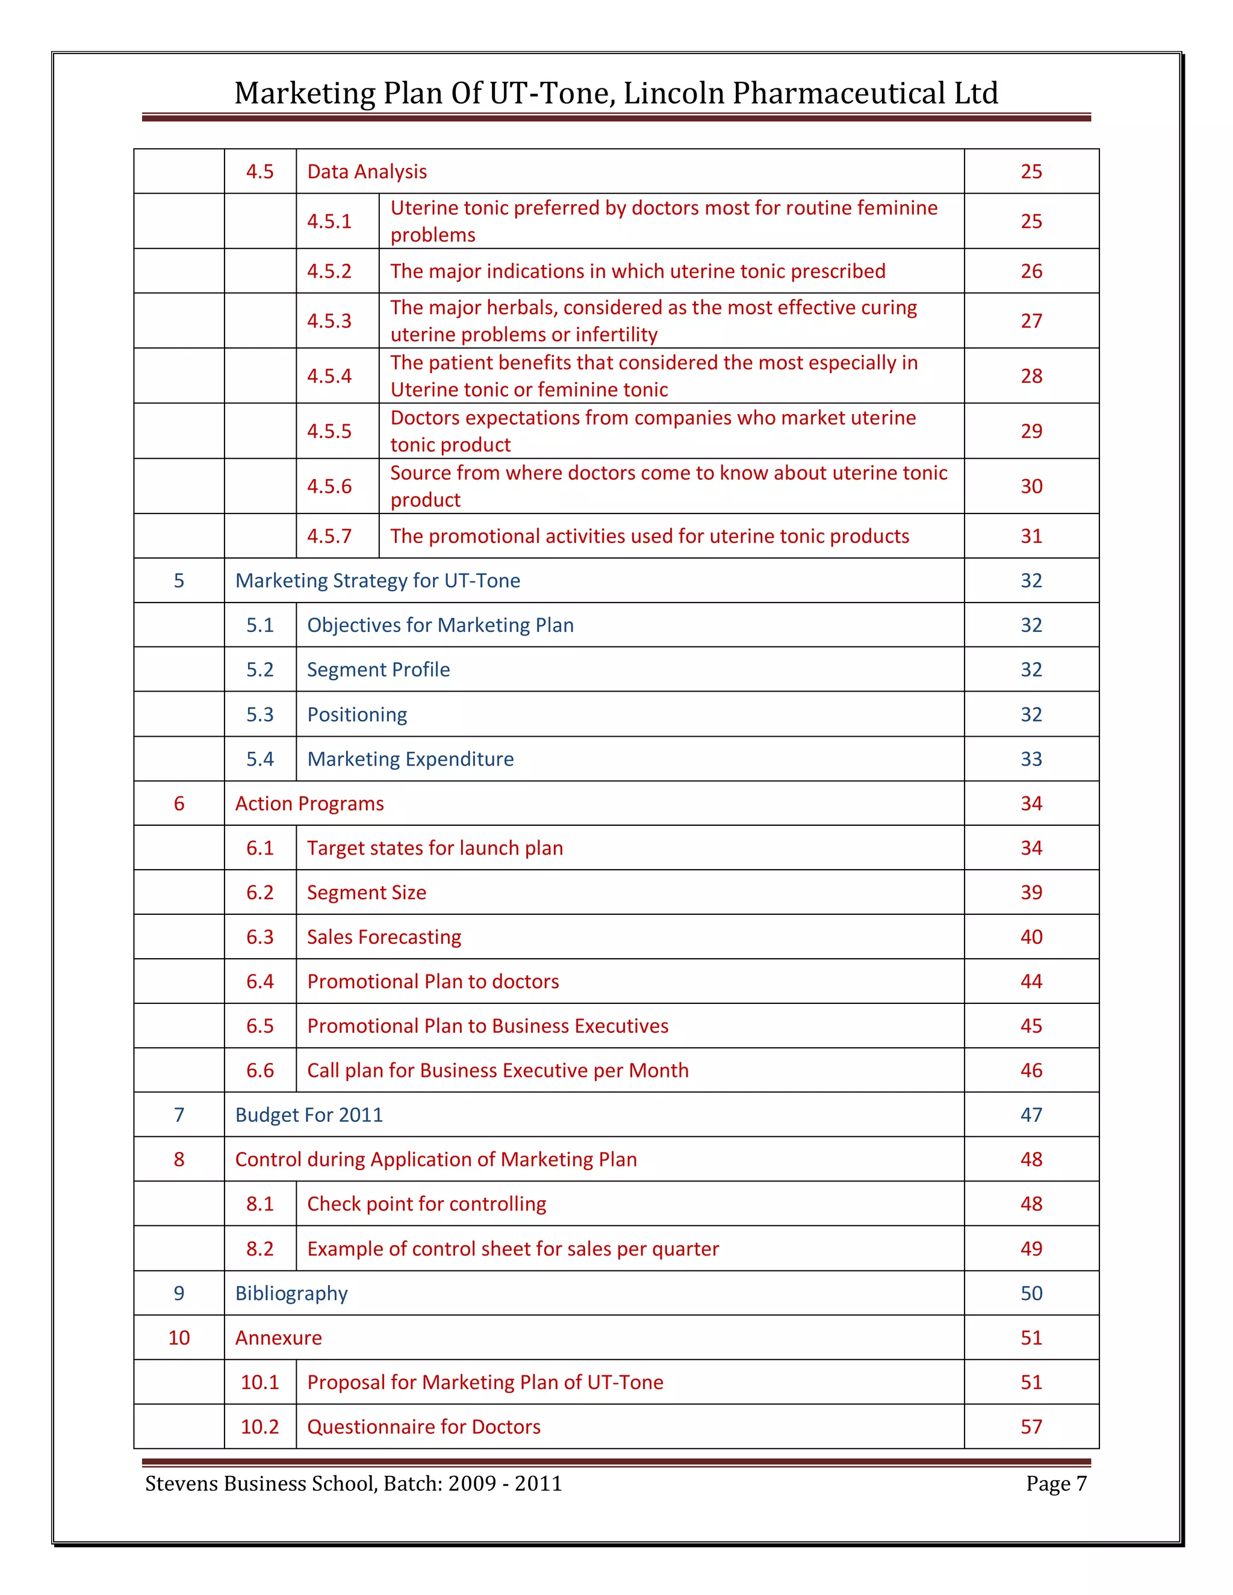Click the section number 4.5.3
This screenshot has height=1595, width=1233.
329,321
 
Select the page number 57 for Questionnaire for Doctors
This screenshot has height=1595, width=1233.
1031,1426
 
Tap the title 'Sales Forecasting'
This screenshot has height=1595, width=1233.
384,937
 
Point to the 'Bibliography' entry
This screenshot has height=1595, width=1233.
291,1293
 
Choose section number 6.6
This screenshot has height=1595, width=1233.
259,1071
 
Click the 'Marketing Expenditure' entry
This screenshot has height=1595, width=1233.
410,759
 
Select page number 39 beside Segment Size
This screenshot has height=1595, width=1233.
1031,893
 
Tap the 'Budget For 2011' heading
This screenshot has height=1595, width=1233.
308,1115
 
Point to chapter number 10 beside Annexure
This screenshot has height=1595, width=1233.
179,1338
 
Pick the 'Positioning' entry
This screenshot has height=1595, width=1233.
356,714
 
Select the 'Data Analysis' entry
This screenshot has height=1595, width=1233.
367,172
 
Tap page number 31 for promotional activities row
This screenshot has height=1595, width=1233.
1031,536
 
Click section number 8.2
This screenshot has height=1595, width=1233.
259,1249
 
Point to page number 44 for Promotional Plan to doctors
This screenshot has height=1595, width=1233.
1031,982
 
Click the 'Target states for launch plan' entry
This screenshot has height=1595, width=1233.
435,848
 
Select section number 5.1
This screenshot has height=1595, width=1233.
259,625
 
